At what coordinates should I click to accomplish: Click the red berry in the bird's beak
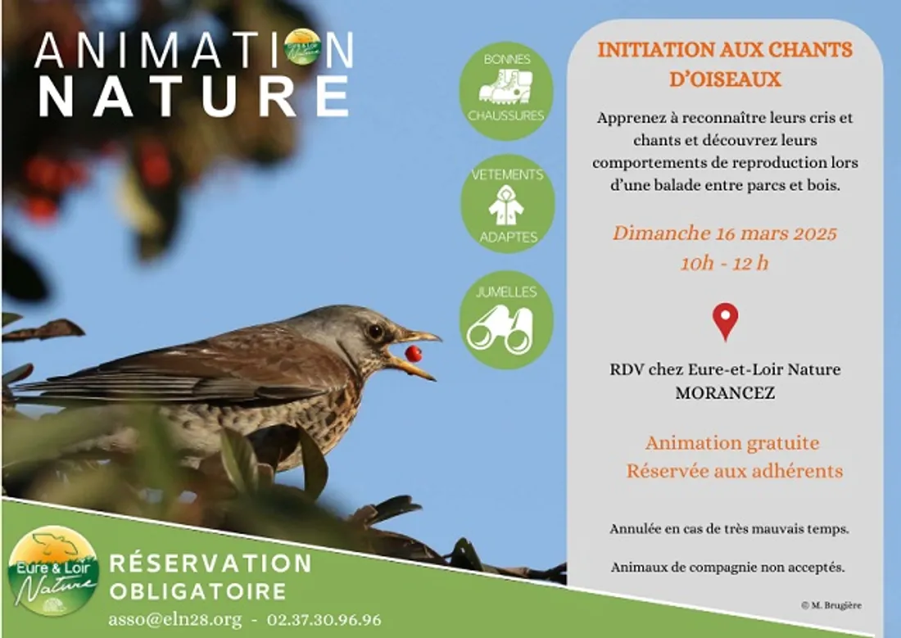tap(414, 354)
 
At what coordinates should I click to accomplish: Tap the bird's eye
tap(376, 332)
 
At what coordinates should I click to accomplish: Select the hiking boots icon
tap(505, 86)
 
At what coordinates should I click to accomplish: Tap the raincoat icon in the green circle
tap(506, 206)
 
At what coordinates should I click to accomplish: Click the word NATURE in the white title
tap(193, 96)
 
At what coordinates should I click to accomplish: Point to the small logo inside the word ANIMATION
tap(302, 47)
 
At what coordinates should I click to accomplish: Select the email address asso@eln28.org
tap(172, 620)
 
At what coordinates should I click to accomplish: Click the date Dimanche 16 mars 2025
tap(724, 233)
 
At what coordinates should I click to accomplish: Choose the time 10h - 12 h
tap(724, 263)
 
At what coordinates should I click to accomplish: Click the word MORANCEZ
tap(725, 392)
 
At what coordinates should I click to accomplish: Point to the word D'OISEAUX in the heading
tap(725, 79)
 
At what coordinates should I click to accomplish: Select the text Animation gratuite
tap(732, 443)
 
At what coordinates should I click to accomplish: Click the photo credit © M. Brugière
tap(831, 605)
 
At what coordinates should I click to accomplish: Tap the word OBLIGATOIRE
tap(197, 591)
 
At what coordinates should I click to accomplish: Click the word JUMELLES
tap(506, 292)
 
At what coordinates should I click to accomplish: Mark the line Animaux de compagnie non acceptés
tap(727, 567)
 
